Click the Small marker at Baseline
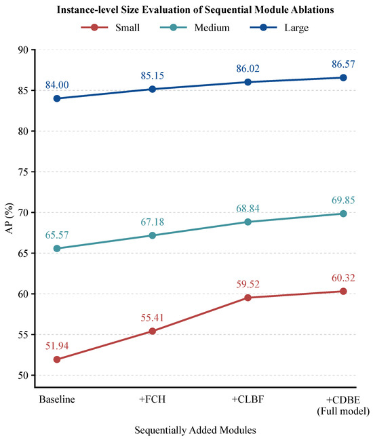coord(57,359)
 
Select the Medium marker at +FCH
coord(153,235)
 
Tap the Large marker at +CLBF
coord(248,82)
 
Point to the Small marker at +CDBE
coord(343,292)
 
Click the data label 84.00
coord(57,85)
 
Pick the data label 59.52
coord(248,284)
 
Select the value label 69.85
coord(343,200)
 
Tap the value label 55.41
coord(153,318)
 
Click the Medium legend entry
coord(195,28)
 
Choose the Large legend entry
coord(279,28)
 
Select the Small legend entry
coord(111,28)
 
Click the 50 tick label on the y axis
coord(23,375)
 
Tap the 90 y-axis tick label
coord(23,50)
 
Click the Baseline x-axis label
coord(57,399)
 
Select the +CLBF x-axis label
coord(248,399)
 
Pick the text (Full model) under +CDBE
coord(343,412)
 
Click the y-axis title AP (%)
coord(9,218)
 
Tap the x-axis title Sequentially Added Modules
coord(195,431)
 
